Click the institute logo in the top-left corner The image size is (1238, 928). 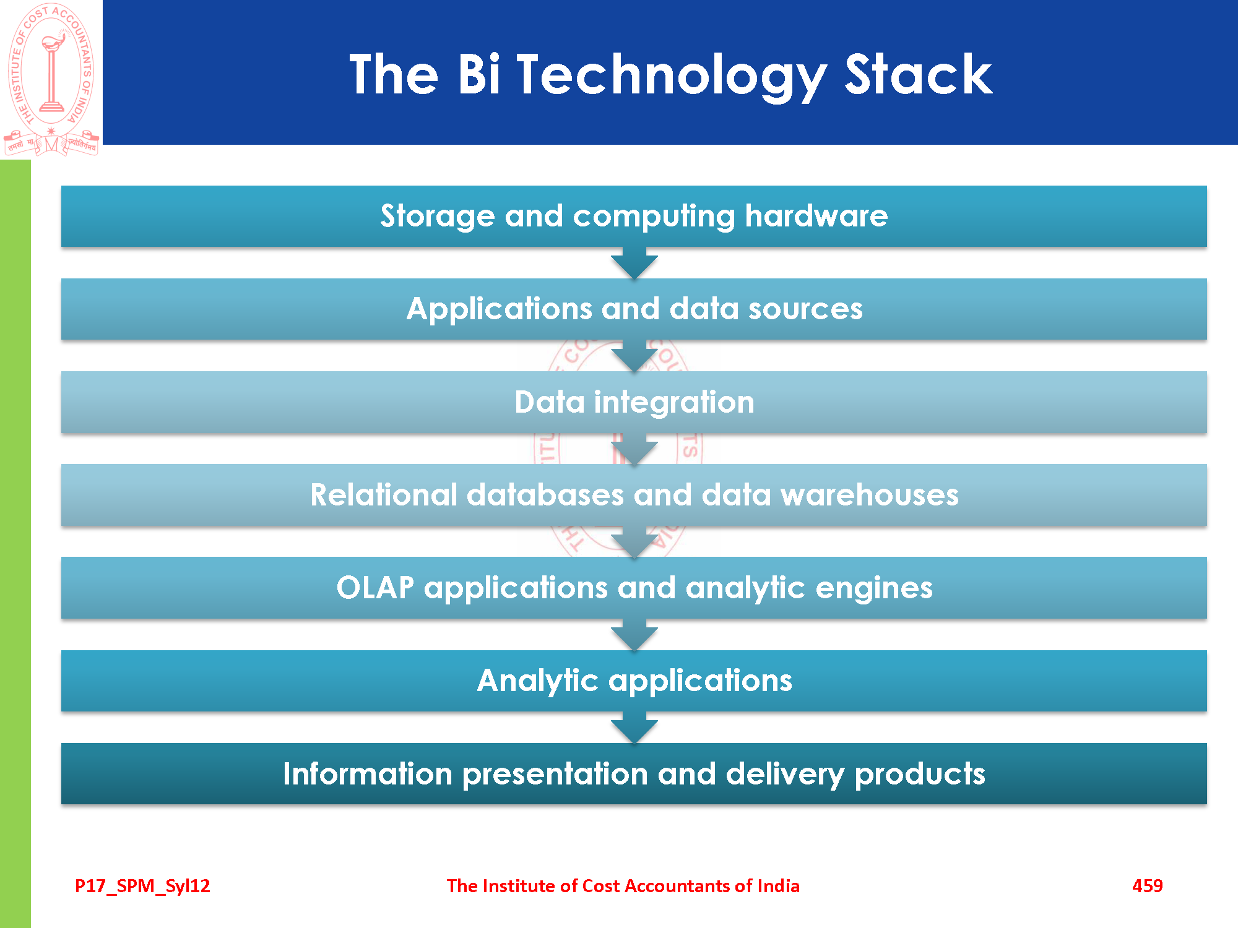[51, 79]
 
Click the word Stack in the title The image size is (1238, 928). [919, 74]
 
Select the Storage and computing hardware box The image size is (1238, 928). [634, 217]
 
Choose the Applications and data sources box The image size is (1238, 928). [634, 309]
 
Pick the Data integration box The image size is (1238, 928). [634, 402]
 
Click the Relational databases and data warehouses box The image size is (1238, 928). [634, 495]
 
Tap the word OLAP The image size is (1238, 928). [375, 588]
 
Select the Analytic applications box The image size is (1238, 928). [634, 681]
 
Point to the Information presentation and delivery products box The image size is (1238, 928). [634, 774]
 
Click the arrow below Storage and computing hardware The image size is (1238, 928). [634, 264]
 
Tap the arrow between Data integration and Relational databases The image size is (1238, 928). [634, 449]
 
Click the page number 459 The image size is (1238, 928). [1147, 886]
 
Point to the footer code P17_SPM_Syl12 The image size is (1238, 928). [142, 887]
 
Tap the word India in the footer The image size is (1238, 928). [778, 886]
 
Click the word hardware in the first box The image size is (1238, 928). [816, 216]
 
